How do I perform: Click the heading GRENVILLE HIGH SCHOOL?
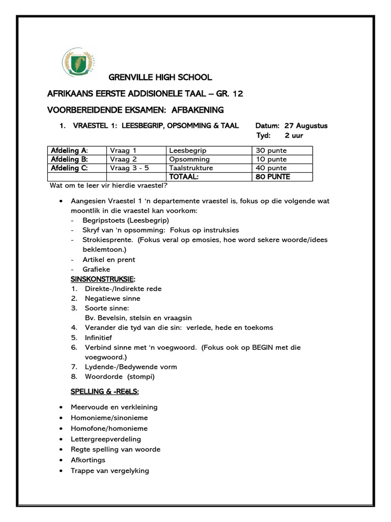click(160, 77)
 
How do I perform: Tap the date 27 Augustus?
click(306, 125)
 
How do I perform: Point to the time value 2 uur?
click(294, 136)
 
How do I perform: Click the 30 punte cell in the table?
click(270, 150)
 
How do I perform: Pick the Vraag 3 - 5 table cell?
click(127, 168)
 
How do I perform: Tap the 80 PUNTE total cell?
click(272, 176)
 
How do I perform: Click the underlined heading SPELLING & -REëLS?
click(104, 391)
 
